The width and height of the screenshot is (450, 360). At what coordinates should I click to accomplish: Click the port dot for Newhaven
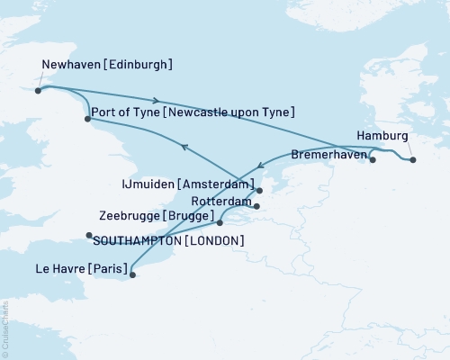click(38, 90)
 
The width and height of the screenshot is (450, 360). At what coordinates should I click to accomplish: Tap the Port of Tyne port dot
click(86, 119)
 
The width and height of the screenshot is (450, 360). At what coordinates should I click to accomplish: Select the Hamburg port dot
click(412, 160)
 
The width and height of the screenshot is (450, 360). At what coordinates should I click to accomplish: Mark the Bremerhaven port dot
click(373, 161)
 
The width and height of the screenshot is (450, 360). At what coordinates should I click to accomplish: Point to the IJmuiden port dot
click(258, 191)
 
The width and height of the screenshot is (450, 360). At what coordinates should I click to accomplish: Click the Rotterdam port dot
click(256, 207)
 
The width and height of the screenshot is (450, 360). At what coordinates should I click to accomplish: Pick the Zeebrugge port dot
click(220, 222)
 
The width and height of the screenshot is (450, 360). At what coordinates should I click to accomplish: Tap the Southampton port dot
click(89, 236)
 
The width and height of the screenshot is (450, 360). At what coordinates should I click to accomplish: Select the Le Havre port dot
click(132, 274)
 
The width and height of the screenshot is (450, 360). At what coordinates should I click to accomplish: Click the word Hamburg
click(382, 136)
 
